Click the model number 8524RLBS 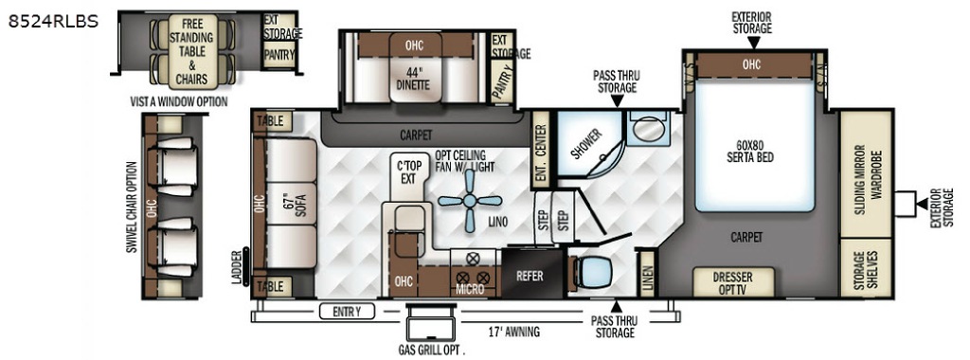[x=53, y=22]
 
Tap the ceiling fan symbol [x=470, y=201]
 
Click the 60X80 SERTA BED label [x=750, y=153]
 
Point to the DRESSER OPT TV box [x=734, y=282]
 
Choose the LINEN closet [x=646, y=273]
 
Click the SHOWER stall [x=589, y=143]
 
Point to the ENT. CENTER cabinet [x=540, y=150]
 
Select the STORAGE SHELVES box [x=866, y=266]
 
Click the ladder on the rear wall [x=245, y=266]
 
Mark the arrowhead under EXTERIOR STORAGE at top [x=753, y=42]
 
